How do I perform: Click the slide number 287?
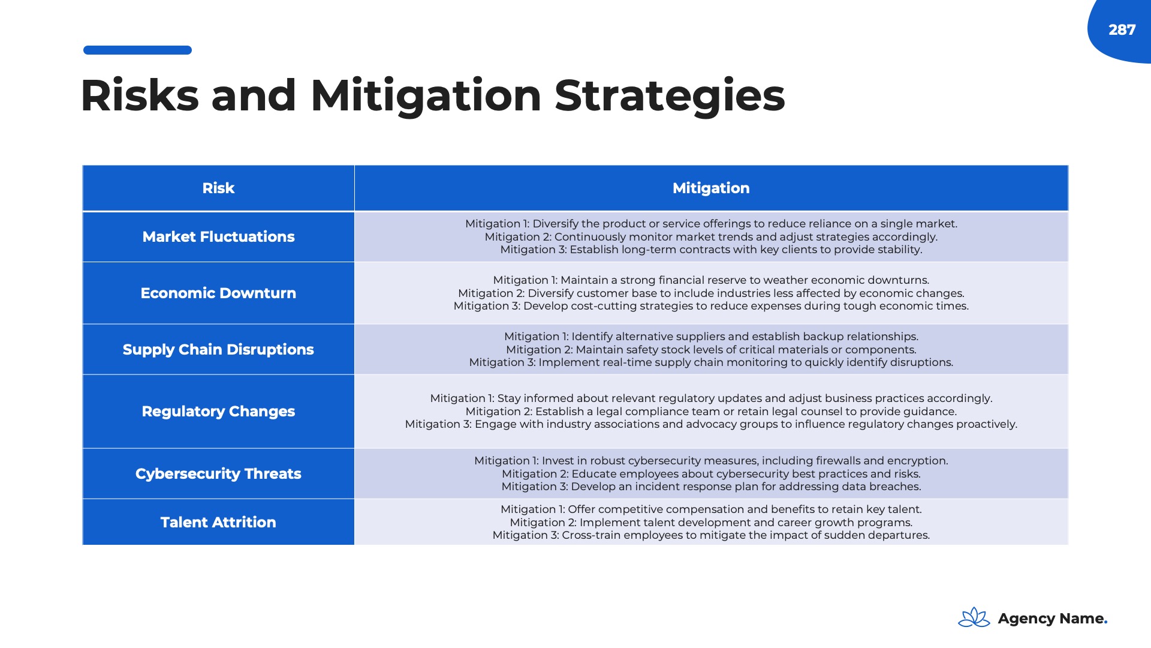pyautogui.click(x=1122, y=30)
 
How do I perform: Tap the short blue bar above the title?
pyautogui.click(x=137, y=50)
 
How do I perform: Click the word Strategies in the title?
pyautogui.click(x=670, y=95)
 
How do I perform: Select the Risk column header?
pyautogui.click(x=218, y=188)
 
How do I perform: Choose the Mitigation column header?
pyautogui.click(x=711, y=188)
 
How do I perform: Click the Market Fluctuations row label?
pyautogui.click(x=218, y=236)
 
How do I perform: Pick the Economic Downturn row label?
pyautogui.click(x=218, y=293)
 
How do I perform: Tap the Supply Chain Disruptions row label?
pyautogui.click(x=218, y=349)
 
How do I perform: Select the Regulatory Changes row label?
pyautogui.click(x=218, y=411)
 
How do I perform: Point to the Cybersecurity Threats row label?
pyautogui.click(x=218, y=473)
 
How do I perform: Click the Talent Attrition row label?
pyautogui.click(x=218, y=522)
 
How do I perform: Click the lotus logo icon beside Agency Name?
pyautogui.click(x=974, y=617)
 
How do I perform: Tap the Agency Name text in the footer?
pyautogui.click(x=1052, y=619)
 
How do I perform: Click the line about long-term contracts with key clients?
pyautogui.click(x=711, y=250)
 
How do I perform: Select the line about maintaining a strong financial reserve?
pyautogui.click(x=711, y=280)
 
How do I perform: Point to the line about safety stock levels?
pyautogui.click(x=711, y=350)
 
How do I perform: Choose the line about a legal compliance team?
pyautogui.click(x=711, y=412)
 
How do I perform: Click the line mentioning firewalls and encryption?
pyautogui.click(x=711, y=461)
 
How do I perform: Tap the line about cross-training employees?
pyautogui.click(x=711, y=535)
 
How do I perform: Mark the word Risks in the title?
pyautogui.click(x=139, y=95)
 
